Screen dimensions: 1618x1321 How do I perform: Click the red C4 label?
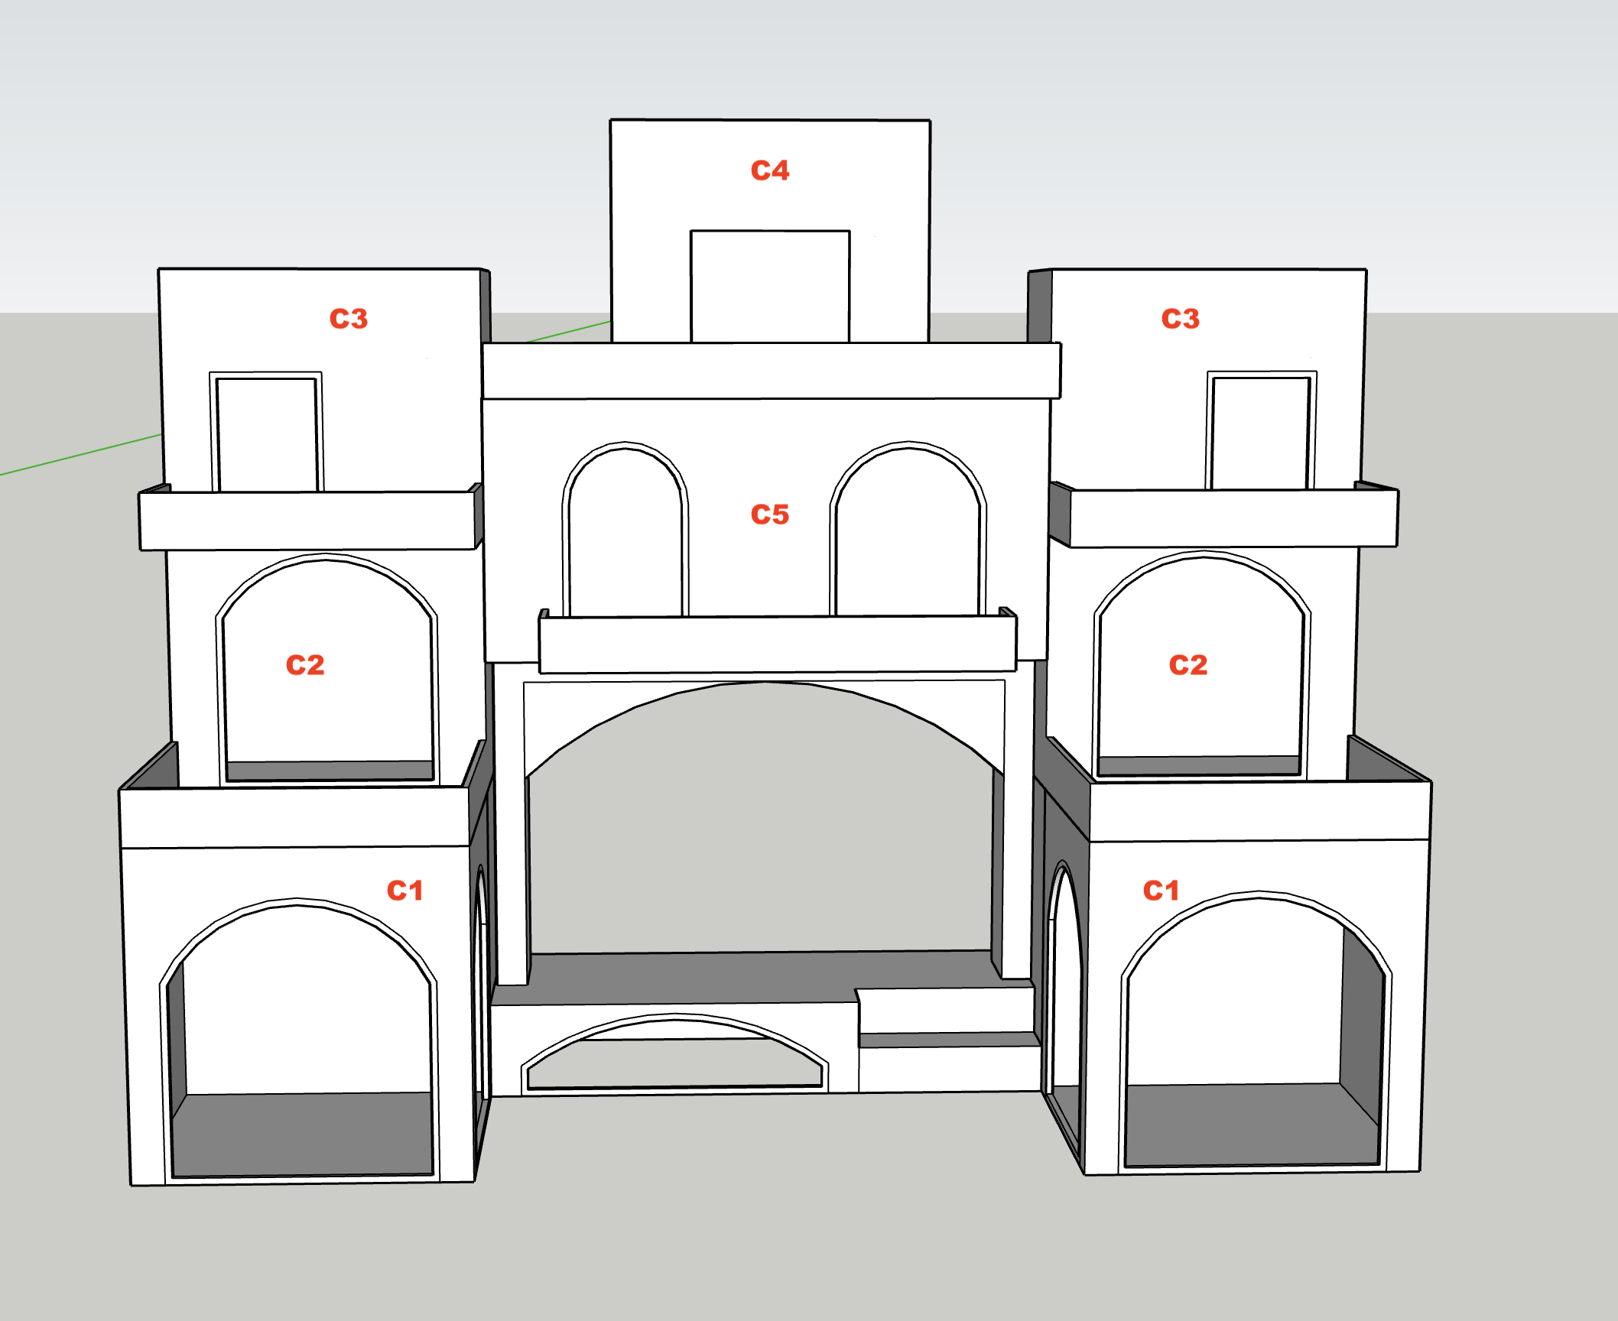pos(770,170)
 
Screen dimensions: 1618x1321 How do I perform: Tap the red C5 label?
pos(770,514)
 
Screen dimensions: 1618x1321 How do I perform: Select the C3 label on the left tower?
pos(349,318)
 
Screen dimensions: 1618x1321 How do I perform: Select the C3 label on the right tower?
pos(1181,318)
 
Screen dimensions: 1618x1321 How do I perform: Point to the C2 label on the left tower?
pos(305,664)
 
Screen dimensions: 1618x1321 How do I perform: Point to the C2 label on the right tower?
pos(1188,664)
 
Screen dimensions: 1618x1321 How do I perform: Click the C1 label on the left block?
pos(404,890)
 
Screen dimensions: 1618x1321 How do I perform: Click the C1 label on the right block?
pos(1161,890)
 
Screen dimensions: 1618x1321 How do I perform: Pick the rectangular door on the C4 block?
pos(770,286)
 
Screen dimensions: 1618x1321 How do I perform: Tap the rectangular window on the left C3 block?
pos(266,432)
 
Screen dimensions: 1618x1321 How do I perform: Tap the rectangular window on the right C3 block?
pos(1261,430)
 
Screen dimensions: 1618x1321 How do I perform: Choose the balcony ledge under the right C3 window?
pos(1224,518)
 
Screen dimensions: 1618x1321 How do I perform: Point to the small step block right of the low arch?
pos(948,1040)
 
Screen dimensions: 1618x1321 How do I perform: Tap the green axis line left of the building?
pos(80,455)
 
